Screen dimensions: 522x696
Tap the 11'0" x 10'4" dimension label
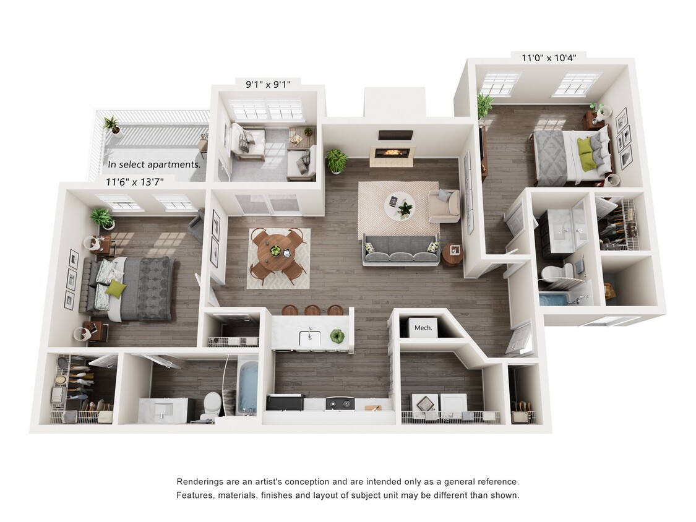[x=549, y=58]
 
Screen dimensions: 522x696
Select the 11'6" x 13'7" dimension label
[x=140, y=182]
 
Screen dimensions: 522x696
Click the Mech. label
[x=423, y=328]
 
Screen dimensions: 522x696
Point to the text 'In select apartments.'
[x=154, y=165]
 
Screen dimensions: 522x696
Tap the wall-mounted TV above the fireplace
[x=395, y=135]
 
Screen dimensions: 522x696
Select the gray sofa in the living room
[x=401, y=249]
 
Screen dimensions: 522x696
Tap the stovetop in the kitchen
[x=340, y=403]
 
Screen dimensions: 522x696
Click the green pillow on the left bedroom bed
[x=114, y=288]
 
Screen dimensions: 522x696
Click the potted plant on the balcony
[x=113, y=124]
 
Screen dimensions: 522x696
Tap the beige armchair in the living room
[x=444, y=205]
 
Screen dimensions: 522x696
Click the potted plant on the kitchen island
[x=337, y=336]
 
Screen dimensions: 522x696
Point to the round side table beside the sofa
[x=452, y=254]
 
